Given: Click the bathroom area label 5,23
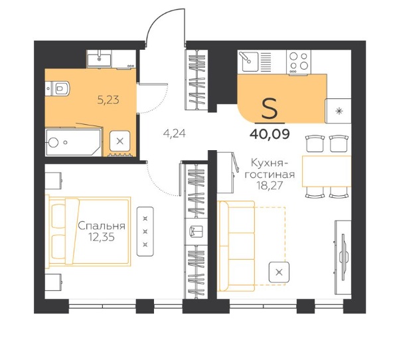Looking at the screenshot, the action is click(x=108, y=100).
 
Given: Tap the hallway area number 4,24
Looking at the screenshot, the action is click(x=175, y=134).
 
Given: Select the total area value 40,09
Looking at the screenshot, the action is click(x=270, y=134).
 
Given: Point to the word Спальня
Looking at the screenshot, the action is click(x=102, y=226).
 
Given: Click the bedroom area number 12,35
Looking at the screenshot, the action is click(x=102, y=237).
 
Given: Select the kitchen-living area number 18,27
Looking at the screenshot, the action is click(x=270, y=185).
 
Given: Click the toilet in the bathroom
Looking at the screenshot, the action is click(x=57, y=88).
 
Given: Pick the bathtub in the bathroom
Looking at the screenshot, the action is click(x=73, y=142).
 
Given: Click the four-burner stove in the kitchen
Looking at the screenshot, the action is click(x=299, y=62).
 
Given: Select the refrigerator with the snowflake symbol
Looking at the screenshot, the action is click(x=338, y=111).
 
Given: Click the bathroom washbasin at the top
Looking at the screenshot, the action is click(x=99, y=58).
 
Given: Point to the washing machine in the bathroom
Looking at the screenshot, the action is click(x=120, y=141).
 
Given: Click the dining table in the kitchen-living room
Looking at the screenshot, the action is click(x=327, y=171).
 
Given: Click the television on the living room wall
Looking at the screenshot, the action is click(x=344, y=254).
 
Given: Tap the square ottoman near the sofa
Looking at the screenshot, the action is click(x=279, y=272).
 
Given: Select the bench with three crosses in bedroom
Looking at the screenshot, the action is click(x=145, y=231).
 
